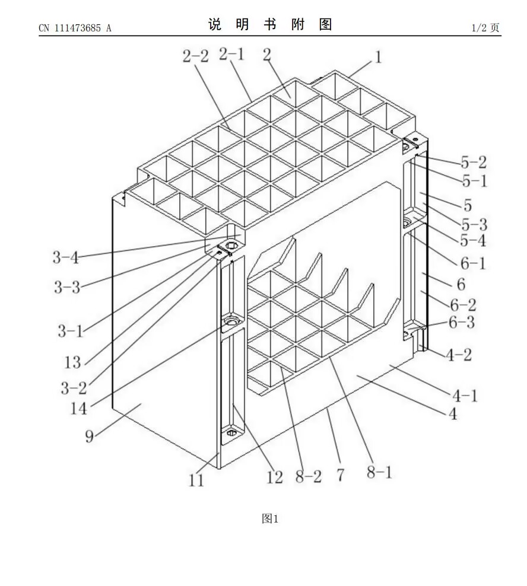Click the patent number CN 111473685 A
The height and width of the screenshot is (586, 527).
[x=75, y=28]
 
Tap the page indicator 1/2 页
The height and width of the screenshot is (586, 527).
[x=485, y=28]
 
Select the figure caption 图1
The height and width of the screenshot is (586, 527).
[x=270, y=519]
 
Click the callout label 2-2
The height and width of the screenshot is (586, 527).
[x=195, y=56]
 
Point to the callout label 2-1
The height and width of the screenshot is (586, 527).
[x=231, y=55]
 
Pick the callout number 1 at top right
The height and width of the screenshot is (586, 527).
[x=378, y=58]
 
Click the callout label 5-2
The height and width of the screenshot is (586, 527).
[x=473, y=163]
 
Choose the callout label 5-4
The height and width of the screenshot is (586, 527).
[x=473, y=241]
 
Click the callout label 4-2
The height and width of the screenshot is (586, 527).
[x=459, y=355]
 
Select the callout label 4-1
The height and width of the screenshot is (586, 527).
[x=465, y=395]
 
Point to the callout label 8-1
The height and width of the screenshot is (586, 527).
[x=379, y=473]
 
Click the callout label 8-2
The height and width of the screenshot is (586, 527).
[x=309, y=476]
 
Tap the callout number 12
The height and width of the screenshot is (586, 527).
[x=274, y=477]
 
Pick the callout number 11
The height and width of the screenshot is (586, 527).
[x=196, y=480]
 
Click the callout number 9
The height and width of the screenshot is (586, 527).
[x=89, y=437]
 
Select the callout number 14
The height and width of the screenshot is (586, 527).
[x=79, y=408]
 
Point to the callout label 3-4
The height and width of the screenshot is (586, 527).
[x=65, y=257]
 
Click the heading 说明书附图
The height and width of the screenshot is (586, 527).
[x=270, y=24]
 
